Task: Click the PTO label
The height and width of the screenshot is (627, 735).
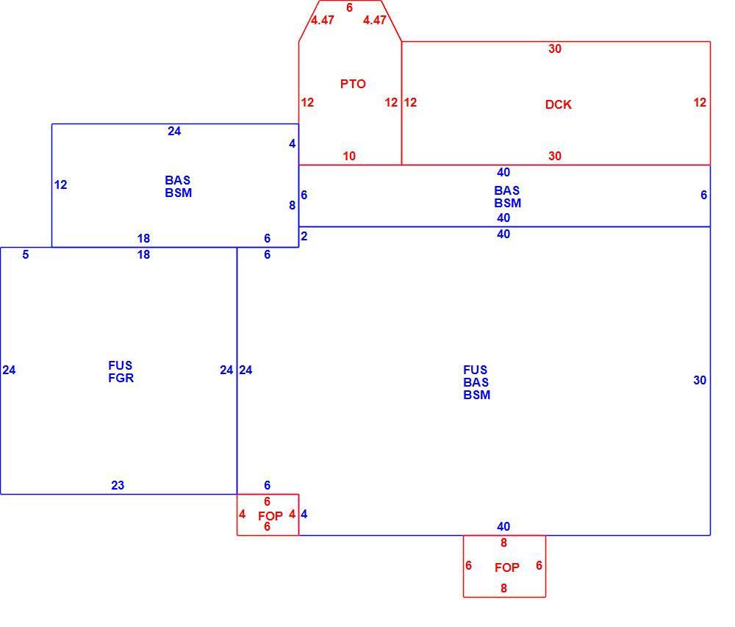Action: (353, 85)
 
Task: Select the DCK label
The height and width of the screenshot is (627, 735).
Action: (559, 104)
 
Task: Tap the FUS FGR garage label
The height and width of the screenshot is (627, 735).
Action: (121, 372)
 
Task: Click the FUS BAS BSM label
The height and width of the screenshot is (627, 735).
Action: (477, 382)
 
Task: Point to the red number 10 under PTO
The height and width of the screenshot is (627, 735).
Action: (349, 156)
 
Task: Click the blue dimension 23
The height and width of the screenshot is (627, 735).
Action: (118, 485)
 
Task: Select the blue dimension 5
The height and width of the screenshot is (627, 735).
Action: (25, 254)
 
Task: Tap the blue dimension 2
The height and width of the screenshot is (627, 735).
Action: (304, 236)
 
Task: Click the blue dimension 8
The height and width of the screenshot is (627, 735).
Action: (292, 205)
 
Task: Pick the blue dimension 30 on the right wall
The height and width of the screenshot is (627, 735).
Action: (700, 380)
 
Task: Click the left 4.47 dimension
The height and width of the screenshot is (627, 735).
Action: (323, 20)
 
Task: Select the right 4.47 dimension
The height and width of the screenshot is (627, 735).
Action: (375, 20)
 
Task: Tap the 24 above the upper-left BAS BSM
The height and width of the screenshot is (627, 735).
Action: (174, 132)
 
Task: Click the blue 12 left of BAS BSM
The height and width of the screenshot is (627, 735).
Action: (60, 184)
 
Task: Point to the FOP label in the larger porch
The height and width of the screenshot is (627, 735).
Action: (506, 567)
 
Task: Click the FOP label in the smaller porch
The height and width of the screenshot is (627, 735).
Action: (270, 516)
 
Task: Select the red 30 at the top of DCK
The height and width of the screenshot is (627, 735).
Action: (555, 49)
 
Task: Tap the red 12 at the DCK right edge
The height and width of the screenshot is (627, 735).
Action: (700, 102)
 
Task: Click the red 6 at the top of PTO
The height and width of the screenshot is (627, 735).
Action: (349, 7)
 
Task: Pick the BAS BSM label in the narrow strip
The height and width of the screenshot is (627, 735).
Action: (507, 197)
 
